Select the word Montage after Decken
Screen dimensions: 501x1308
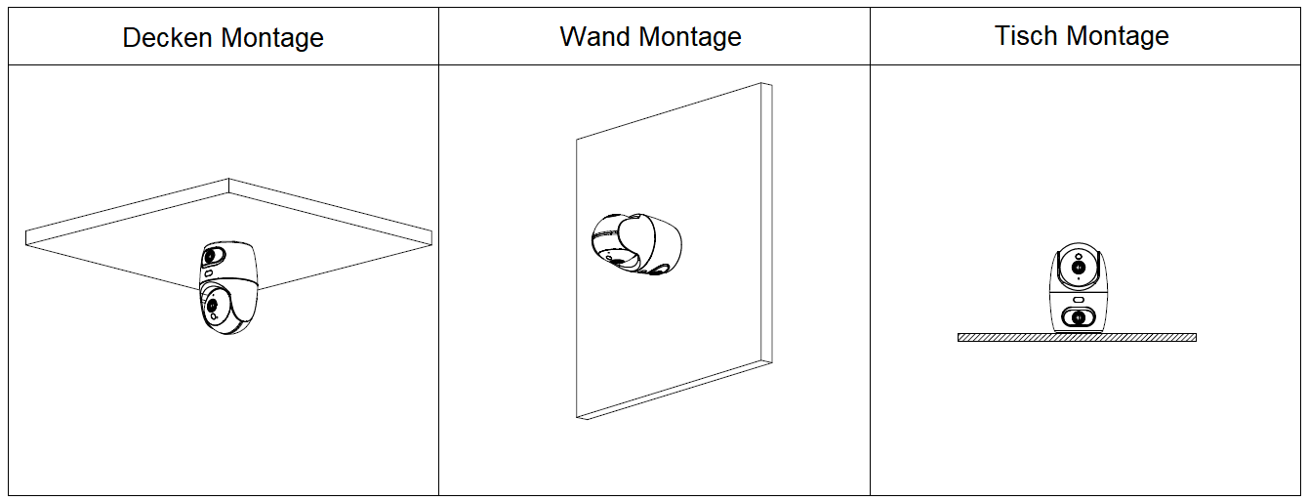point(272,38)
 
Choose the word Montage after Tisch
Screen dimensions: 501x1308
point(1118,36)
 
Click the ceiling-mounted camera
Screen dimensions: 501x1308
point(227,288)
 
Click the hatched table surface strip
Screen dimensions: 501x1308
point(1077,338)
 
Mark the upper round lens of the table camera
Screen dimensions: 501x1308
point(1078,267)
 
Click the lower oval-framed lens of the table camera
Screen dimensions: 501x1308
point(1078,316)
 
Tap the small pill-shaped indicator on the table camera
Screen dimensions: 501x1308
point(1078,299)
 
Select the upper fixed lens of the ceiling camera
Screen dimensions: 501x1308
point(210,256)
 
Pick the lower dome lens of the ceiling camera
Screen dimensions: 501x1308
point(212,307)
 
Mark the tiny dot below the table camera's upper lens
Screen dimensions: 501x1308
point(1078,280)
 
